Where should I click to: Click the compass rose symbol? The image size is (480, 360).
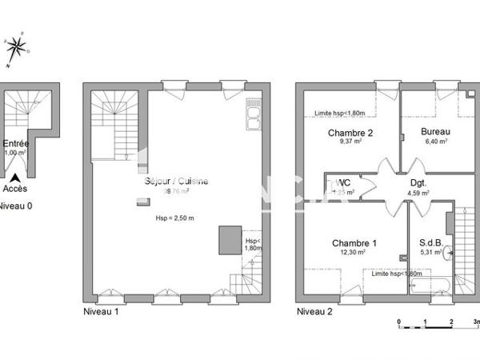16,50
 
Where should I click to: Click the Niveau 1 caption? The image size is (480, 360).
102,311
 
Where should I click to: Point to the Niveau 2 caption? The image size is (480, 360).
314,311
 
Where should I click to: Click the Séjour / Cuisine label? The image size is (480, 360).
176,182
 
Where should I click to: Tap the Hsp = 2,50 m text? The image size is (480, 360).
174,218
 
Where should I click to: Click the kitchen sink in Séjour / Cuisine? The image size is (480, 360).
253,114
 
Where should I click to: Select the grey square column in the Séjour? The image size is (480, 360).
230,238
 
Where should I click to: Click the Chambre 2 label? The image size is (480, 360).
350,133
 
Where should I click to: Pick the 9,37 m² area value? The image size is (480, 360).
350,142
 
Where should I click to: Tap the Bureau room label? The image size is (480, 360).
436,132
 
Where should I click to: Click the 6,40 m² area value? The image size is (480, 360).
436,142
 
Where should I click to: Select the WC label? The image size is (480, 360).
344,182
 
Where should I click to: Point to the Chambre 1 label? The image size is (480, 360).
353,243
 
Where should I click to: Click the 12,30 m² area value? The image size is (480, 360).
353,253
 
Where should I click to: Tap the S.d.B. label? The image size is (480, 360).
431,243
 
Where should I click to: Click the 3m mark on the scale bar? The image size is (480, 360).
476,322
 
